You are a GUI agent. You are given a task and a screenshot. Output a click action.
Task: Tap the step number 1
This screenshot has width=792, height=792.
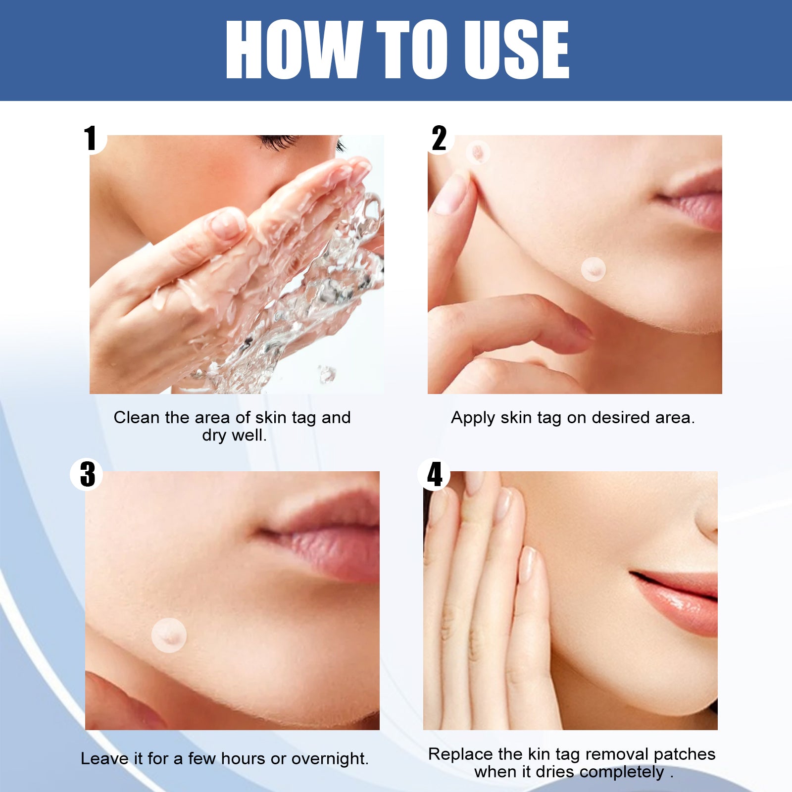[90, 138]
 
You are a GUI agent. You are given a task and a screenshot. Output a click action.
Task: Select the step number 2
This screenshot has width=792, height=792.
[439, 138]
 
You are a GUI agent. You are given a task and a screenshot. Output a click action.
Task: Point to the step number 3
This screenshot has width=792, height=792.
[87, 474]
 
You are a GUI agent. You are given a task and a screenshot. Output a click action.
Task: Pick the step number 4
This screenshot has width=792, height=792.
[435, 474]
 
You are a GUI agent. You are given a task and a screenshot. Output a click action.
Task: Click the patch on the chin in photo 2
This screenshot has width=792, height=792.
[593, 269]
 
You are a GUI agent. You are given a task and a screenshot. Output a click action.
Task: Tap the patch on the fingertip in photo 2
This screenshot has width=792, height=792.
[478, 152]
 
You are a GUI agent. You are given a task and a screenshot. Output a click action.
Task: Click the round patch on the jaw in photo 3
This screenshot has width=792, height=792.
[169, 635]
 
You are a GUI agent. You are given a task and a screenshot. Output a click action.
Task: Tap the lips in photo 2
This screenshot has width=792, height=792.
[695, 198]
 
